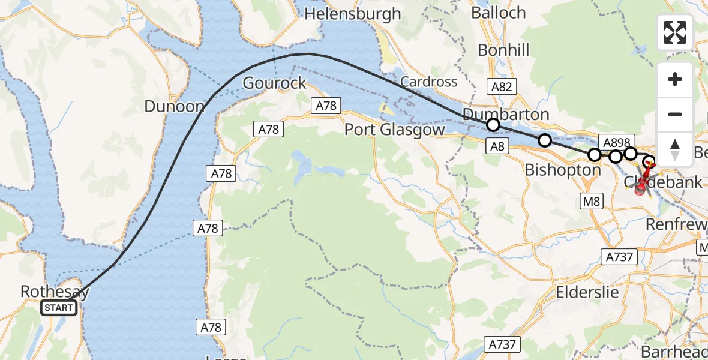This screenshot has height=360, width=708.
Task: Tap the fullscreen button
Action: point(675,32)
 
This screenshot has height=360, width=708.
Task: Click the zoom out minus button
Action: point(675,114)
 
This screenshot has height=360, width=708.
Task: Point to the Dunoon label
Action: point(175,107)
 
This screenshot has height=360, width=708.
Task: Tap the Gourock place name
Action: point(274,83)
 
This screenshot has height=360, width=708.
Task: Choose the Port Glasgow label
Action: point(395,130)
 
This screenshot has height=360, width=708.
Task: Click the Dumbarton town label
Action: point(506,114)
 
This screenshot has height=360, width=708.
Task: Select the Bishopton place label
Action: point(562,170)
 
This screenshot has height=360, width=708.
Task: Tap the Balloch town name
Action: point(498,13)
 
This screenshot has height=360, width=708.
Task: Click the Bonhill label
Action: point(503,50)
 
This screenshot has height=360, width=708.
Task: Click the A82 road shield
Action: point(502,88)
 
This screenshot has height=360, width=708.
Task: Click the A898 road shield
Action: point(616,142)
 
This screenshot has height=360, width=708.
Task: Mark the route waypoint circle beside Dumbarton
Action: point(493,125)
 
